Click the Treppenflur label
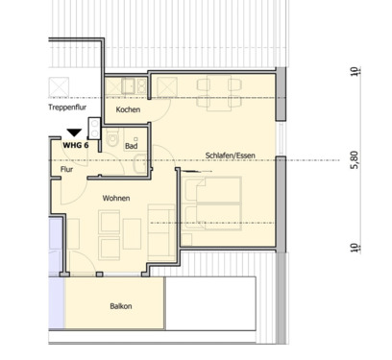point(66,108)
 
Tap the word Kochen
point(128,110)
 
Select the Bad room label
point(131,146)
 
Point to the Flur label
point(66,169)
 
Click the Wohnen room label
point(116,198)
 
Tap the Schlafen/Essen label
point(230,155)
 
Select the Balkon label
point(121,306)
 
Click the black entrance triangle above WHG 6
point(73,134)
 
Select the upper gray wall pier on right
point(280,94)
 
